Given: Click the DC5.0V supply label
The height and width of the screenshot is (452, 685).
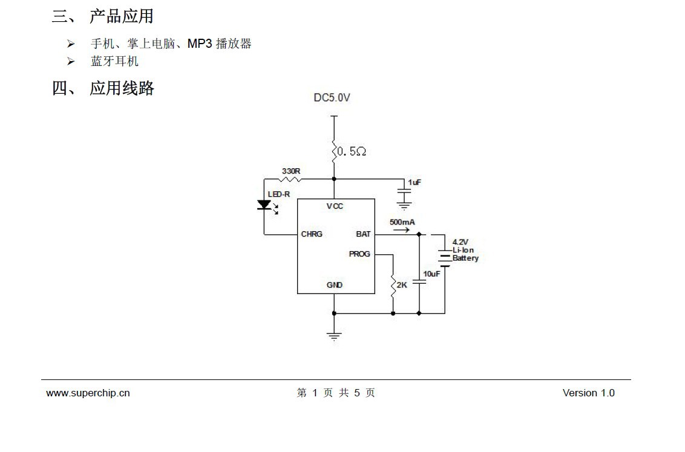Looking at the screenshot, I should coord(332,97).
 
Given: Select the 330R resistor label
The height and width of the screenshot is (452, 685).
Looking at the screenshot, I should coord(290,171).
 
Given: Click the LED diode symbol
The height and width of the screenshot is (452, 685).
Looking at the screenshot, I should coord(264,205).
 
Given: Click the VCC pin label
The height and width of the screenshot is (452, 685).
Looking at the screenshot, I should coord(335,206).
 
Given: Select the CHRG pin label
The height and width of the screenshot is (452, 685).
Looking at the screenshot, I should coord(312,234).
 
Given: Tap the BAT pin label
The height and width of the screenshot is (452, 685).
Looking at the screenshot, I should coord(363,234).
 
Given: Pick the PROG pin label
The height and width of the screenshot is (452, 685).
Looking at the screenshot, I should coord(359,254).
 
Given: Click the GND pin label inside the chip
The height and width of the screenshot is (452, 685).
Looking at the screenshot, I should coord(335,285).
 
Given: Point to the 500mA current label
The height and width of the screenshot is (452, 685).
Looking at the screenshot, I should coord(402,223).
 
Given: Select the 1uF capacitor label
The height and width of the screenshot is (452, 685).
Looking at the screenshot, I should coord(415,182).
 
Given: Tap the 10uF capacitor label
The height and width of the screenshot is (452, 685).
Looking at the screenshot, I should coord(431,274).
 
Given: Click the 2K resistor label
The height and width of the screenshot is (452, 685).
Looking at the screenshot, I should coord(402,285).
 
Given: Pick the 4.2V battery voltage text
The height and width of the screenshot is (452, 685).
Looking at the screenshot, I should coord(460,242).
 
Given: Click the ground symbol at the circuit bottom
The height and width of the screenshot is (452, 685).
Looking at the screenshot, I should coord(334,336).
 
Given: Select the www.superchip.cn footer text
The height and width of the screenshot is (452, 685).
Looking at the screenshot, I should coord(88,393).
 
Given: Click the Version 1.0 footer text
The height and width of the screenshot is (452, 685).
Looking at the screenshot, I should coord(588,393).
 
